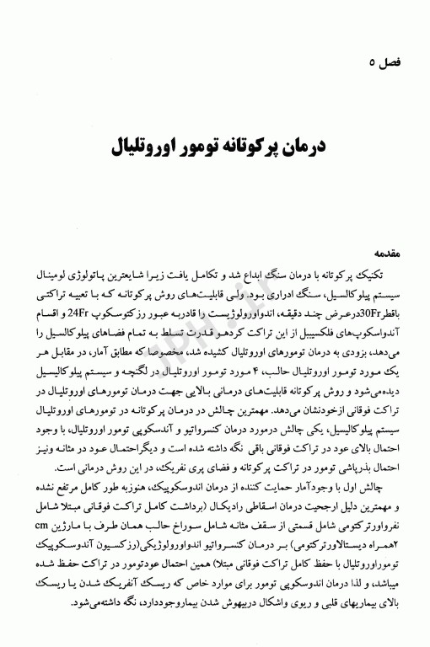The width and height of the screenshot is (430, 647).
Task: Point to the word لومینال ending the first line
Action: [60, 275]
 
